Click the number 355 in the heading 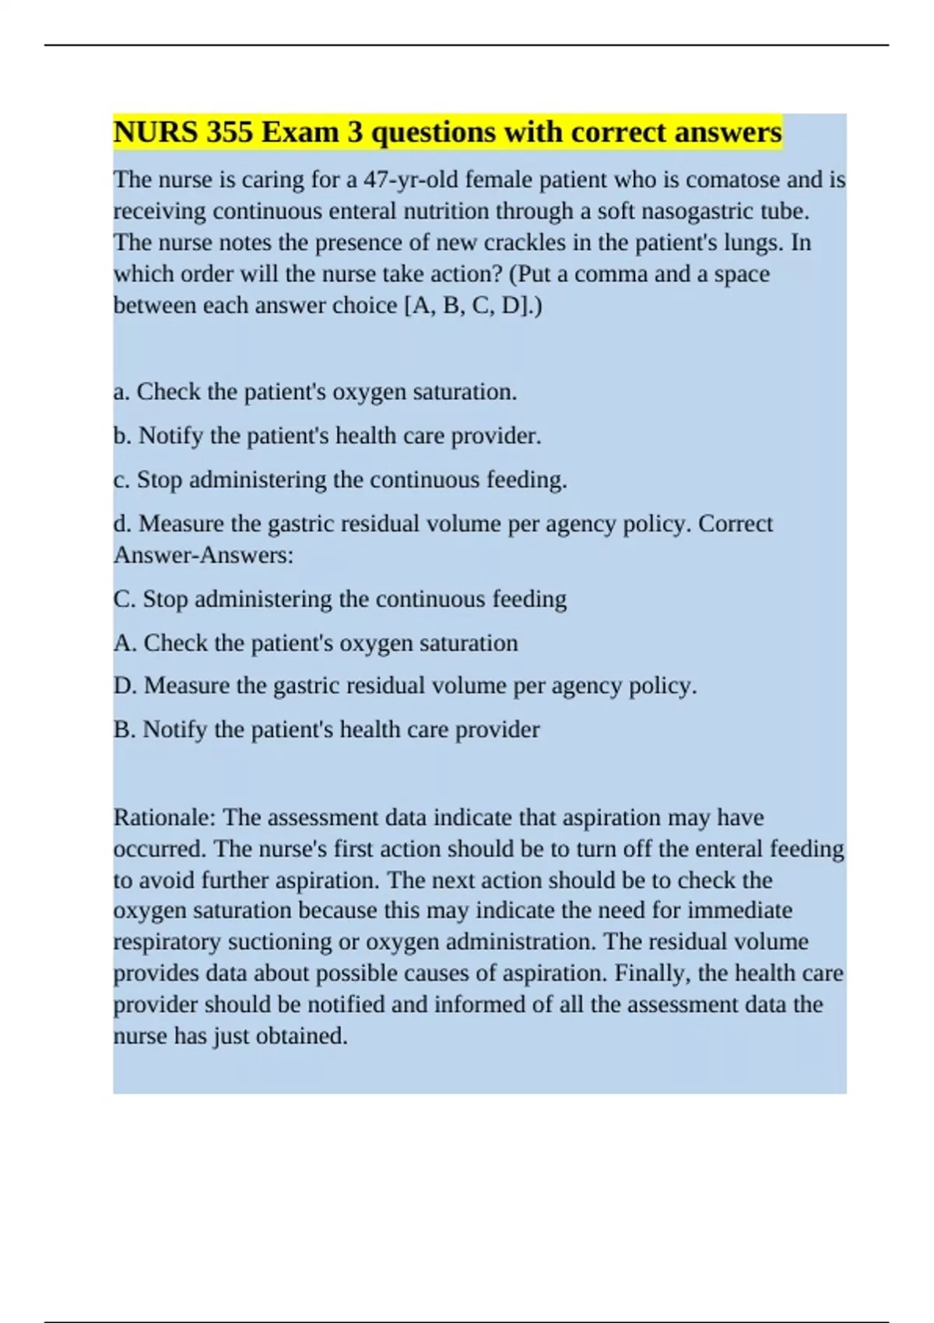(230, 132)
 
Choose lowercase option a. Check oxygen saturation (314, 391)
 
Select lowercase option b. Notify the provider (327, 436)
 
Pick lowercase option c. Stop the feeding (340, 479)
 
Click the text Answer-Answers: (204, 555)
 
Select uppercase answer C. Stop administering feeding (340, 599)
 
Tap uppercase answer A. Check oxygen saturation (315, 643)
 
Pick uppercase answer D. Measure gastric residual (405, 686)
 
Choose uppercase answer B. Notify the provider (326, 729)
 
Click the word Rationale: (165, 817)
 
